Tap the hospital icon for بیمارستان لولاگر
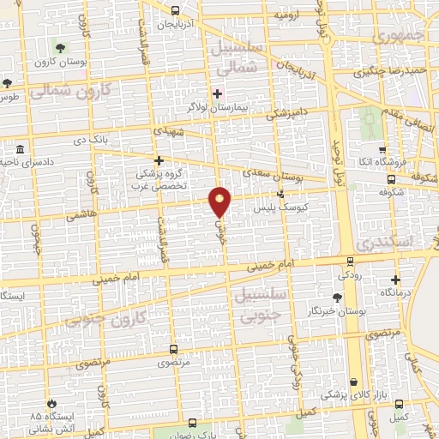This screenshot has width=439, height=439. click(217, 93)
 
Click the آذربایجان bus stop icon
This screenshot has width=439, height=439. click(175, 11)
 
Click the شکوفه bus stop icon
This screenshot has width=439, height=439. click(391, 179)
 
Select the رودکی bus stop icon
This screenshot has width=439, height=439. click(350, 261)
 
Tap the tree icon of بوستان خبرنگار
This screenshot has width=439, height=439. click(337, 297)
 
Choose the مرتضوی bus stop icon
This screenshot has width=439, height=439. click(174, 349)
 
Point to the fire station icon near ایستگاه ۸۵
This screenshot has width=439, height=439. click(54, 402)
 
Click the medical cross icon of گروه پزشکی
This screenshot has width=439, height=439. click(158, 160)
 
